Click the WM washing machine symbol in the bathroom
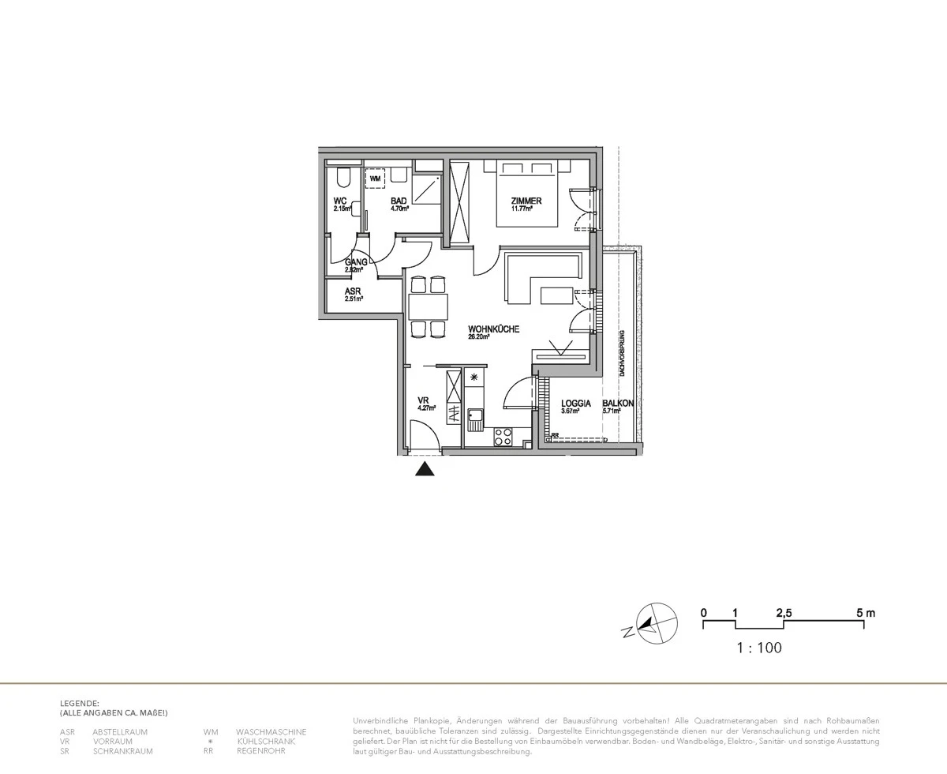point(374,179)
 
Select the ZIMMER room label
point(526,201)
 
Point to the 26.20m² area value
point(479,336)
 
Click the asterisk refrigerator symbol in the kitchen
point(473,378)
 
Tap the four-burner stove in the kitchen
point(503,435)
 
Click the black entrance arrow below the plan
point(425,470)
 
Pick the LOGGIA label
point(576,403)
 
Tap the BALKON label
point(618,403)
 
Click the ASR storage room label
point(352,291)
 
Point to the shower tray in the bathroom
point(425,187)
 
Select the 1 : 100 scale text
point(758,648)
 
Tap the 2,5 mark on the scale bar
point(784,613)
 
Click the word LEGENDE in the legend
point(80,702)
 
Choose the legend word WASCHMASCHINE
point(271,732)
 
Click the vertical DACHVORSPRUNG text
point(623,352)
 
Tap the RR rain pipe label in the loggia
point(556,434)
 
